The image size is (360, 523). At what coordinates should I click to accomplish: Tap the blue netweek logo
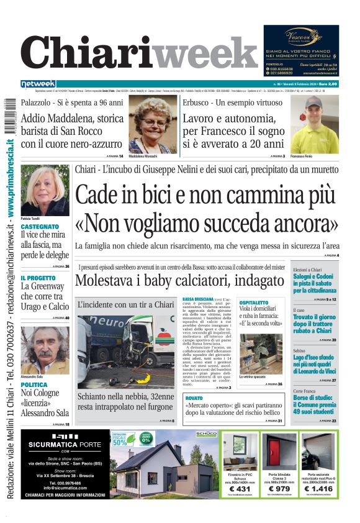click(x=38, y=84)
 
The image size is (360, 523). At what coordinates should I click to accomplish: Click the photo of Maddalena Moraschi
click(x=151, y=124)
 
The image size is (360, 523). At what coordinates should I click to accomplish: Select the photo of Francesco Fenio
click(x=314, y=124)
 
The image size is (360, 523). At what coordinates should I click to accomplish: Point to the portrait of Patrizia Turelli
click(x=44, y=189)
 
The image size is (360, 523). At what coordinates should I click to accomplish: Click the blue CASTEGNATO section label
click(x=40, y=227)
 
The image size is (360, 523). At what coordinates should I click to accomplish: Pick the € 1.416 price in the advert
click(x=318, y=489)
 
